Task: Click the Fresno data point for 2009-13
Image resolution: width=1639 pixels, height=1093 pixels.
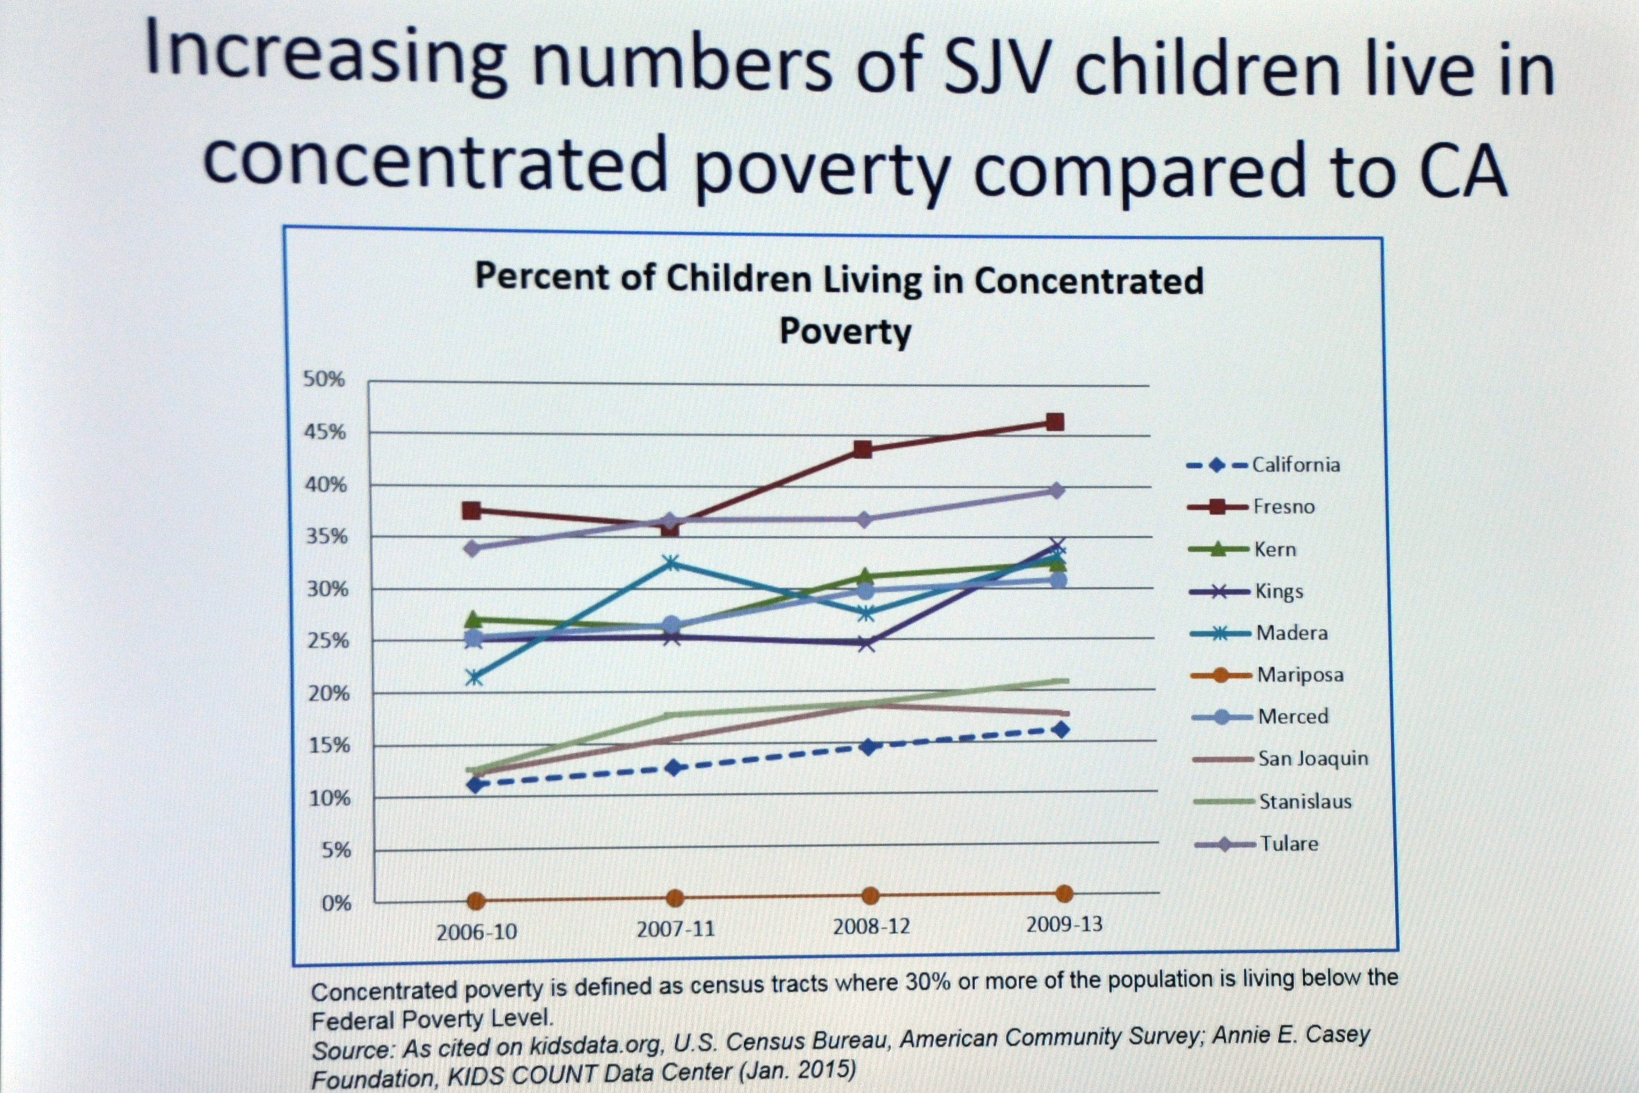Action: point(1055,422)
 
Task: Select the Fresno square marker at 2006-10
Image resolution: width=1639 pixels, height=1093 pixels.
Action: point(471,510)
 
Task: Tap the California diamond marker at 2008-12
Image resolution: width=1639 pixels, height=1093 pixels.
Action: point(868,747)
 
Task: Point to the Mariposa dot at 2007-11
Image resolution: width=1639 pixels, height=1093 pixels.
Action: point(674,898)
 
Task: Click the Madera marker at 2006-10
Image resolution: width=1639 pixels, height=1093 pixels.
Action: point(474,677)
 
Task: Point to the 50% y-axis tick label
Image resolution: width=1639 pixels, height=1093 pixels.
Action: point(324,379)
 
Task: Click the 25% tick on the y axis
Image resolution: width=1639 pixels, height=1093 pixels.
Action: point(327,641)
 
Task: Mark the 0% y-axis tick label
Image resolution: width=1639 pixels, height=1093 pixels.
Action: point(336,904)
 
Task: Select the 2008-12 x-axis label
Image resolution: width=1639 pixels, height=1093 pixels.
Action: point(871,926)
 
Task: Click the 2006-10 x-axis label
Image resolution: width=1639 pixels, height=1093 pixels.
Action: point(477,932)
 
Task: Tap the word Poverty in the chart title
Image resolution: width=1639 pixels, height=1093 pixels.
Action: point(845,331)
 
